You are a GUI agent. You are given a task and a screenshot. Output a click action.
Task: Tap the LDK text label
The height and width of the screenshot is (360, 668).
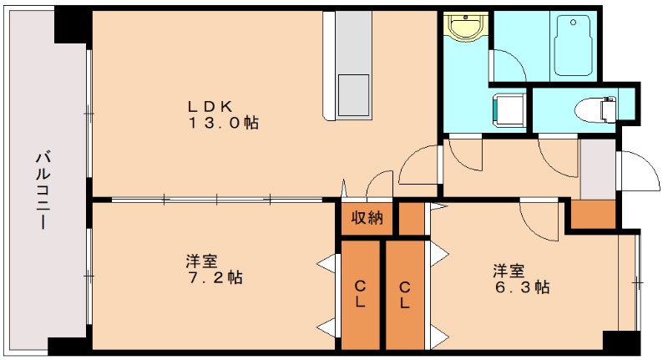click(x=215, y=105)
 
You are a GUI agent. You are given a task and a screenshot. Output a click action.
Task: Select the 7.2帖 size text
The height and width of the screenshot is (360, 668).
click(x=214, y=277)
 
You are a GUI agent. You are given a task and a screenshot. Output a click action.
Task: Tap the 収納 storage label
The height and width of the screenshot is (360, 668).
click(x=367, y=219)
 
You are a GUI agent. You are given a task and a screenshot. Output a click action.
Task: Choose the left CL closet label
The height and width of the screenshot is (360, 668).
click(x=360, y=295)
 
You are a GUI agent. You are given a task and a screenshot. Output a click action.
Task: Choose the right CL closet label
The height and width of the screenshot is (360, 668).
click(x=405, y=295)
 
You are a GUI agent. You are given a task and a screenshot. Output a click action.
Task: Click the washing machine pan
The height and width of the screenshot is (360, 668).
click(x=509, y=108)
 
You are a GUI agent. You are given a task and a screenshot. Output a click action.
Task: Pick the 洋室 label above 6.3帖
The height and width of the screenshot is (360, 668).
click(x=509, y=270)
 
